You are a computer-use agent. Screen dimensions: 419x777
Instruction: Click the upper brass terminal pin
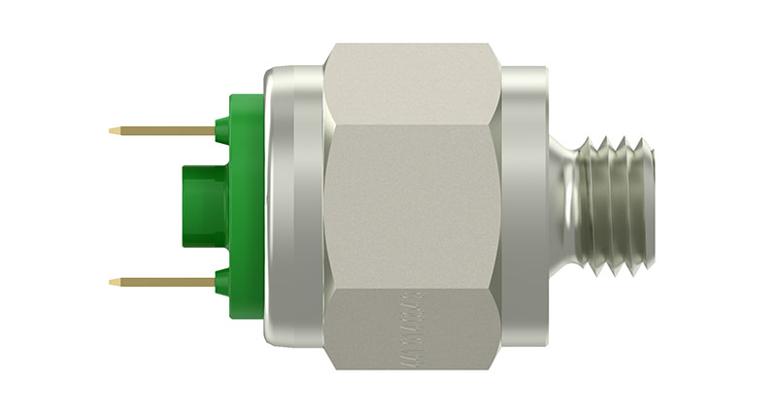(x=165, y=129)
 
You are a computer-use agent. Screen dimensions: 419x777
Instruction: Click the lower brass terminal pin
(x=165, y=282)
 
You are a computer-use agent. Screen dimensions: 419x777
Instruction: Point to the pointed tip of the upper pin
(x=113, y=128)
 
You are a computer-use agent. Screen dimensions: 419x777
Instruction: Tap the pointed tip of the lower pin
(x=113, y=282)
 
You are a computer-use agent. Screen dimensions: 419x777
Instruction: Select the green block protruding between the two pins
(x=199, y=205)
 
